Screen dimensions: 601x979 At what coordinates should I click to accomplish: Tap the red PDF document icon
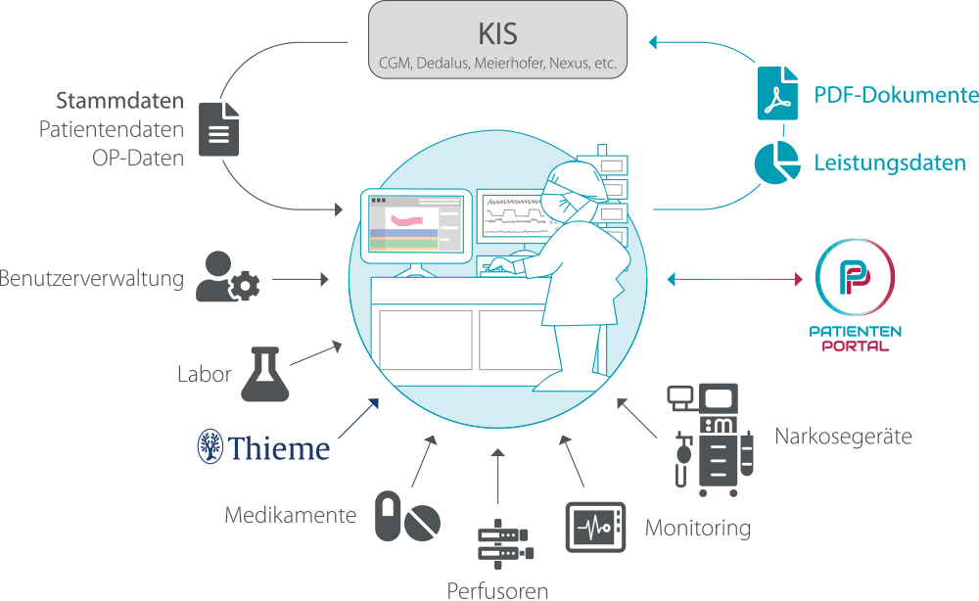point(777,93)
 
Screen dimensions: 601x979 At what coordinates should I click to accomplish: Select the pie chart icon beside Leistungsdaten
point(777,162)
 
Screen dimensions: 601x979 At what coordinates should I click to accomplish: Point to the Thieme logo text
point(263,446)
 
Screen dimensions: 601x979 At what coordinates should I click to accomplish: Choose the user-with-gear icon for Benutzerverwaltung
point(227,277)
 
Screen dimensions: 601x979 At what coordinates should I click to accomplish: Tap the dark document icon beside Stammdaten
point(219,129)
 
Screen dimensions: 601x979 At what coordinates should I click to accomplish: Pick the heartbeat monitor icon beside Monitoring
point(595,527)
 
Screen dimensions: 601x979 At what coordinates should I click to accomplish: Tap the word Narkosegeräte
point(843,435)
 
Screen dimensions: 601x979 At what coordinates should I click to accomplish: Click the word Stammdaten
point(119,101)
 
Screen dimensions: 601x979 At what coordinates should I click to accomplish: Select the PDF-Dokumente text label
point(896,95)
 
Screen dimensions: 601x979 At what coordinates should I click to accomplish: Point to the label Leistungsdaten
point(890,163)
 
